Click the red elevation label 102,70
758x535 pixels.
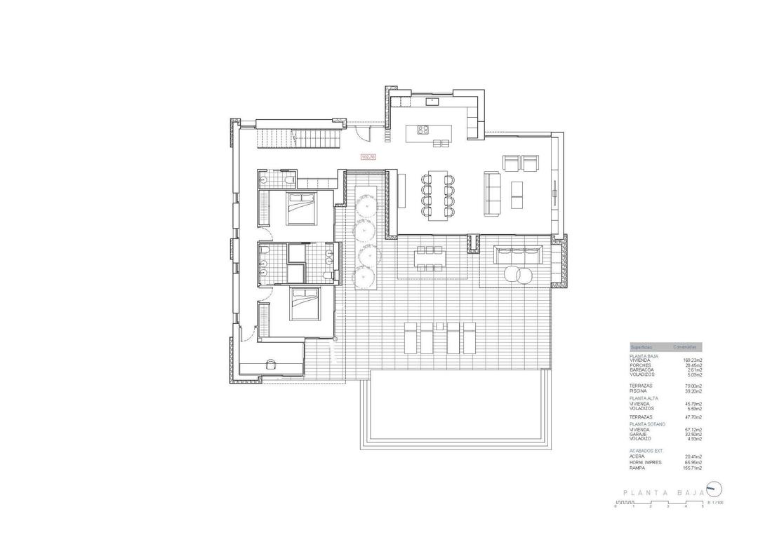368,157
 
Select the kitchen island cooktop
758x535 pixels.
423,129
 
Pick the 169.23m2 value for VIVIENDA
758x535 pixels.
693,360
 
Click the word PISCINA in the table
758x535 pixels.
640,391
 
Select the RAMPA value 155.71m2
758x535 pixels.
693,468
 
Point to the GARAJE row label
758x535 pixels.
639,434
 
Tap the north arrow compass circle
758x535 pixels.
713,489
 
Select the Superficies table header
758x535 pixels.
641,347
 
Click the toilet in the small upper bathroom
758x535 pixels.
290,180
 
